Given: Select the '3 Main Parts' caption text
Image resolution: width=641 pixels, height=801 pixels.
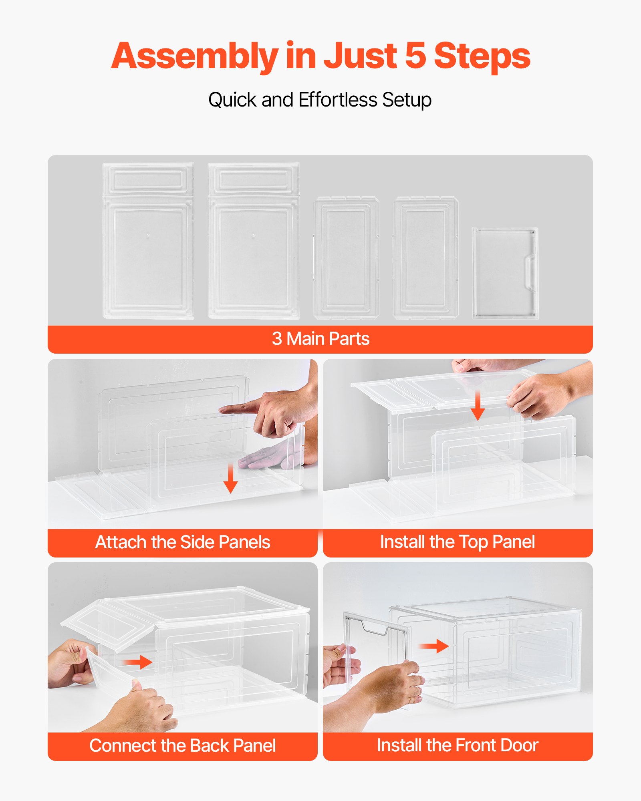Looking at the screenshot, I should coord(320,339).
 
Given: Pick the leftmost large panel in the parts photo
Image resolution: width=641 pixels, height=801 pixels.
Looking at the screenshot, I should coord(148,241).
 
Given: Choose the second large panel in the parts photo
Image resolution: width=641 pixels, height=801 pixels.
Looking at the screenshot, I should coord(254,241).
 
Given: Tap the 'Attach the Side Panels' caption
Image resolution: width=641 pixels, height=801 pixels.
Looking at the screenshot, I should coord(183,542).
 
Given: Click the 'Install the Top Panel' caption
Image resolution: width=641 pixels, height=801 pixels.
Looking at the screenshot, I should coord(457,542).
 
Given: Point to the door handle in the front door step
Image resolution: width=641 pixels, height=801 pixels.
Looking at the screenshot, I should coord(375,628).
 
